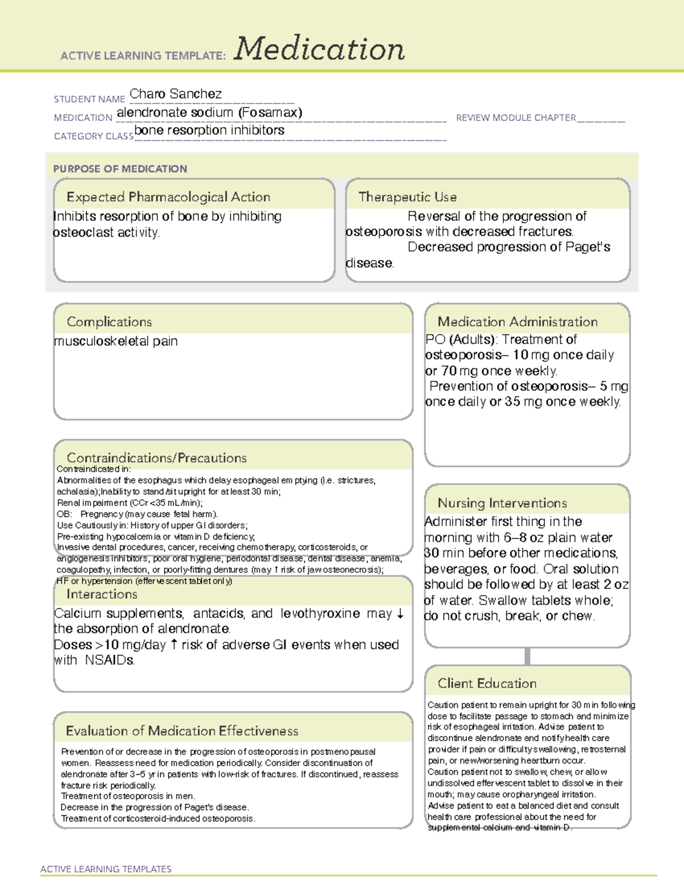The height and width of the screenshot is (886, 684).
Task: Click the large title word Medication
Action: click(319, 49)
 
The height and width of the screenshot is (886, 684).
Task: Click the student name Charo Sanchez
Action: click(176, 94)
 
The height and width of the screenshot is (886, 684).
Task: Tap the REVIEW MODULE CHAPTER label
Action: click(516, 118)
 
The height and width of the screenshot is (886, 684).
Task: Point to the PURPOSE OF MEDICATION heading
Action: click(120, 169)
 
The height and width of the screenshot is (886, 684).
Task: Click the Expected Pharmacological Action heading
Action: click(168, 197)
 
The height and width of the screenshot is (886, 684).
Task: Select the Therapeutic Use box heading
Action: click(407, 197)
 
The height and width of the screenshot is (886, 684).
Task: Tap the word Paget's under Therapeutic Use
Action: click(587, 247)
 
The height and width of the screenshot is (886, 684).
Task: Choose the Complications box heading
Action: click(109, 322)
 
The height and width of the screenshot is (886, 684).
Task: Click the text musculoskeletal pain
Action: click(116, 341)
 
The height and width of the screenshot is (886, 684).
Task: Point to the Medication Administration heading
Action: click(517, 322)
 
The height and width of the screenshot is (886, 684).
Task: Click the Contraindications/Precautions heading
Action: click(156, 458)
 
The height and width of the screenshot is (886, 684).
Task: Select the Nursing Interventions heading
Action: click(502, 503)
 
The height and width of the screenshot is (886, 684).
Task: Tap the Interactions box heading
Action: click(101, 594)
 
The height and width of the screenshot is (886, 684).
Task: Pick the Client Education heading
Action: click(487, 683)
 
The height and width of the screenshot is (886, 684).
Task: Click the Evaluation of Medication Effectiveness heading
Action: click(182, 731)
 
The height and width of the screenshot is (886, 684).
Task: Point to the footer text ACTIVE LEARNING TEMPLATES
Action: click(105, 869)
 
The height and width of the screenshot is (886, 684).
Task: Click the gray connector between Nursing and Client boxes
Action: click(527, 656)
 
